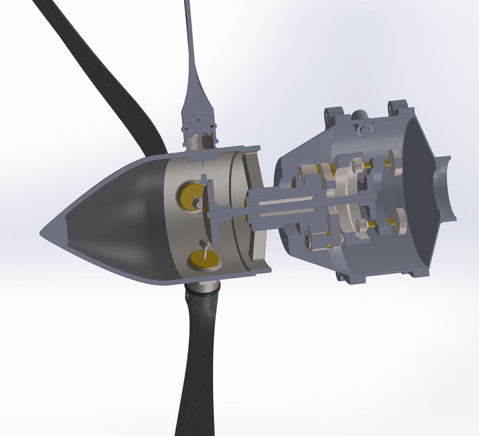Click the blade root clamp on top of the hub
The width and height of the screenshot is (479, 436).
click(200, 126)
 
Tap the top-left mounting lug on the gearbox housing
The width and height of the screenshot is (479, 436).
click(333, 113)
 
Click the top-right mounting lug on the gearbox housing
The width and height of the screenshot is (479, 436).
click(397, 107)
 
